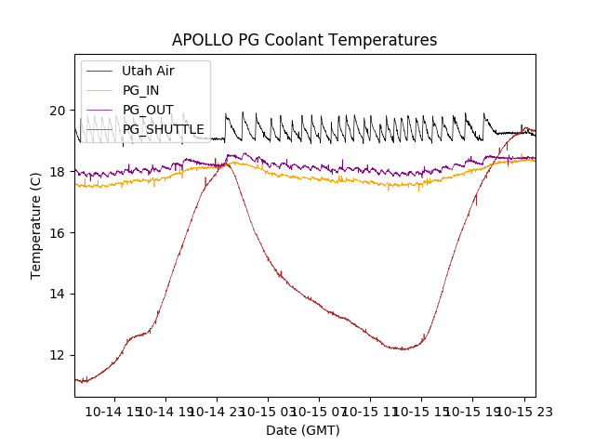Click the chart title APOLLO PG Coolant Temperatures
tap(304, 40)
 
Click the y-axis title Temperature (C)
tap(36, 226)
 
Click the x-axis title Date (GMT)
tap(303, 430)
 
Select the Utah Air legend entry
tap(148, 71)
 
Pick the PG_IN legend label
tap(140, 90)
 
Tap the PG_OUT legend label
tap(148, 110)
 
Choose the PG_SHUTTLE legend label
tap(164, 129)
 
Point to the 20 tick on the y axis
tap(58, 111)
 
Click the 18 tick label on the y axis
tap(58, 172)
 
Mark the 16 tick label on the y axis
tap(58, 233)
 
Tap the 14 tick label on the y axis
tap(58, 294)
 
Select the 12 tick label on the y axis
tap(58, 355)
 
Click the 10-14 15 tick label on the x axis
tap(113, 412)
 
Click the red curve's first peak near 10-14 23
tap(226, 164)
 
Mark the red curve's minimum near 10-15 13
tap(403, 349)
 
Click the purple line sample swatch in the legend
tap(99, 110)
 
